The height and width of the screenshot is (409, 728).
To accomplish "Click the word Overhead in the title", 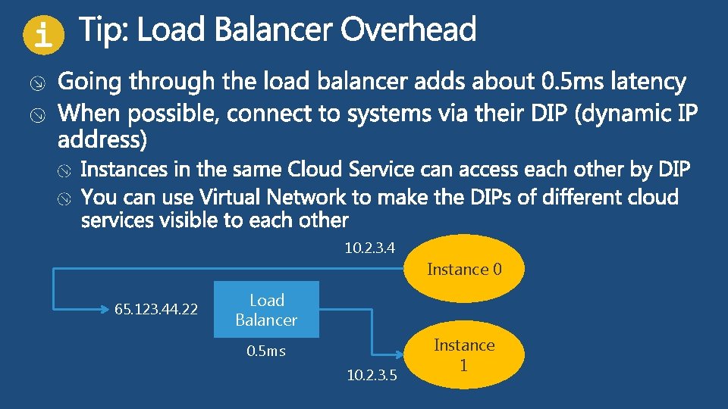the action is pyautogui.click(x=408, y=31).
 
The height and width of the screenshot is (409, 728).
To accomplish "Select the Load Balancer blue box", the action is pyautogui.click(x=266, y=310).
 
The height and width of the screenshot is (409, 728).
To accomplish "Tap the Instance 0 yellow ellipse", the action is pyautogui.click(x=464, y=269).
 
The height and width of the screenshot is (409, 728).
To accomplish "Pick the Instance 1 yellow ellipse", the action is pyautogui.click(x=464, y=354).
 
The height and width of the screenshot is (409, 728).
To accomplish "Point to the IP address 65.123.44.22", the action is pyautogui.click(x=156, y=309).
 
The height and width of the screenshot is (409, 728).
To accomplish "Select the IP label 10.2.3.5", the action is pyautogui.click(x=372, y=374).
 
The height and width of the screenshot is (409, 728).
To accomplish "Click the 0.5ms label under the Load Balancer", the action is pyautogui.click(x=266, y=351).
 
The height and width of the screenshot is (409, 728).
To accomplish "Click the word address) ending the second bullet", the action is pyautogui.click(x=104, y=139).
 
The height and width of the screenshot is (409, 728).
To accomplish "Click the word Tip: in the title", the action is pyautogui.click(x=105, y=31).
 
